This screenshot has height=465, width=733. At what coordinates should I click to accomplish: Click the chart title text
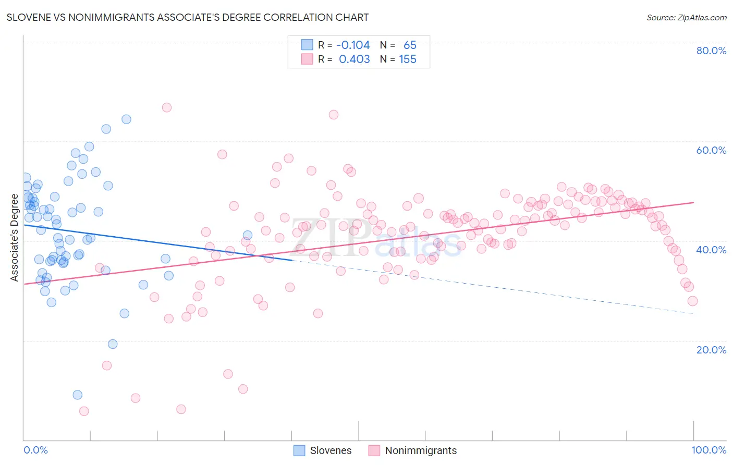pos(188,18)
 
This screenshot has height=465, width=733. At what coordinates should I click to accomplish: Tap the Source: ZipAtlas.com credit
pos(686,18)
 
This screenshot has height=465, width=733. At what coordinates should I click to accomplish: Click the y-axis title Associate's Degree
pos(15,238)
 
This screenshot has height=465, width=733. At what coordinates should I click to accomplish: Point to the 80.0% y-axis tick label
pos(711,51)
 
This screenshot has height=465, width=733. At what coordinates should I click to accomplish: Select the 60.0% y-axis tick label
pos(711,150)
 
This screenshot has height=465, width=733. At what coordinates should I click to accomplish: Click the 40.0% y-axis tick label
pos(711,250)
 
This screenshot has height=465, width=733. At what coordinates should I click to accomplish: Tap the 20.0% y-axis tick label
pos(711,350)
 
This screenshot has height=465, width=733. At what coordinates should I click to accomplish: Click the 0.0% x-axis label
pos(35,450)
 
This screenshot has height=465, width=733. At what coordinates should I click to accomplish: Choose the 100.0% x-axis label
pos(708,450)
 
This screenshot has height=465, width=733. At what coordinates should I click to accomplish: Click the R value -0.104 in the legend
pos(353,45)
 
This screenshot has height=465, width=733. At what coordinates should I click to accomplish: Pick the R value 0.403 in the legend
pos(354,59)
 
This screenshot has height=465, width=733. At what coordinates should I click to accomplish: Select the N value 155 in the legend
pos(408,59)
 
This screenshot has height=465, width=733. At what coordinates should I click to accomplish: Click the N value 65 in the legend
pos(410,45)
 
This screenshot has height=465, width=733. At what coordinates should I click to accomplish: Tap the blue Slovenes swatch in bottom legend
pos(299,450)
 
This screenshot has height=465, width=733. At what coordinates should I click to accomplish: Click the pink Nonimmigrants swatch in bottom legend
pos(374,450)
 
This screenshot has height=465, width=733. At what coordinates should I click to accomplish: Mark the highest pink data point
pos(167,107)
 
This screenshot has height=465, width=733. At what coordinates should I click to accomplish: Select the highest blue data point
pos(126,119)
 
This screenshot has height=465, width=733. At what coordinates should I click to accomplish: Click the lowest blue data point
pos(78,395)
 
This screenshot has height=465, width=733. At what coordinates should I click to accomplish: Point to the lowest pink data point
pos(84,411)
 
